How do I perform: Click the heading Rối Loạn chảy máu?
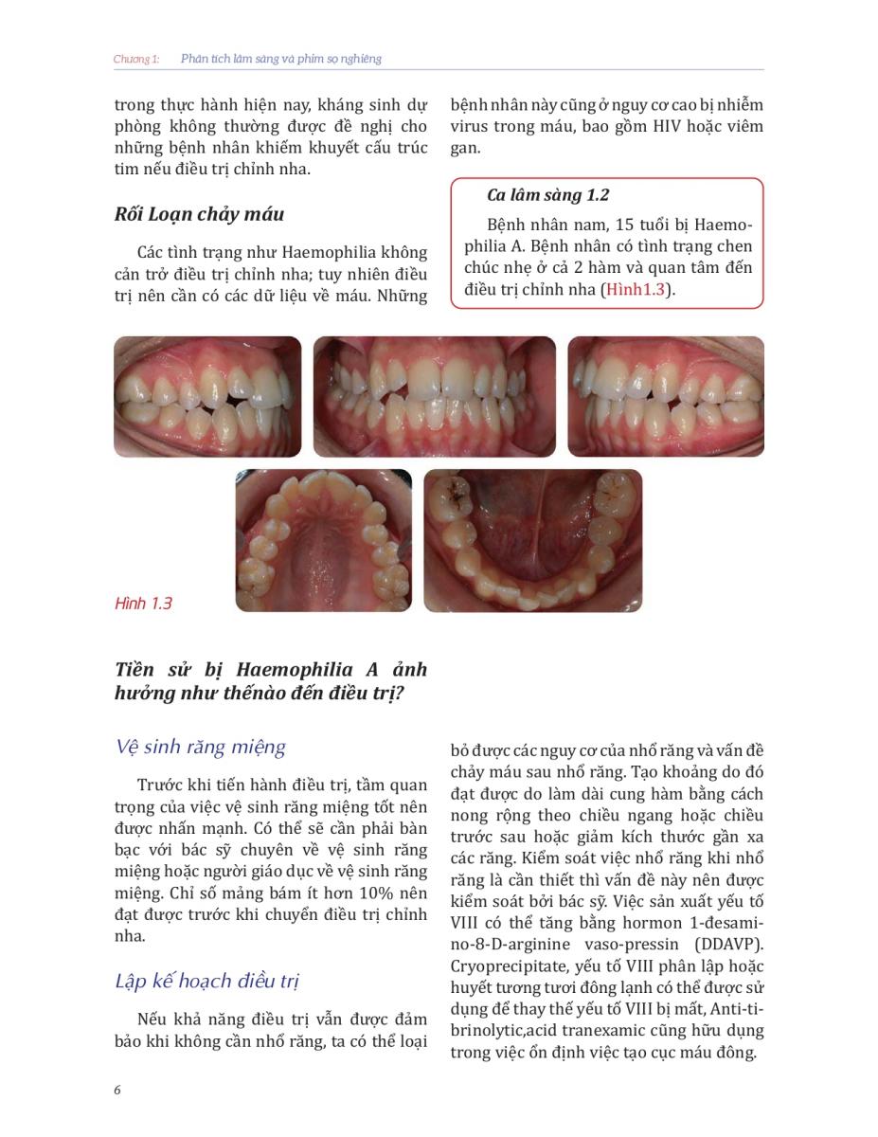(198, 214)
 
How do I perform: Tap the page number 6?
(117, 1090)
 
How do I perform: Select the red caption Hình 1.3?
(143, 604)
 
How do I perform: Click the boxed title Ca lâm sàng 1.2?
(547, 195)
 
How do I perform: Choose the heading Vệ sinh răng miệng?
(200, 747)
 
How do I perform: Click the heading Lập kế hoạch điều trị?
(207, 982)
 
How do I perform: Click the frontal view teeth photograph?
(434, 396)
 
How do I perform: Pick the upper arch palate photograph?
(323, 540)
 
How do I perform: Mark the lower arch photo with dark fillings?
(532, 540)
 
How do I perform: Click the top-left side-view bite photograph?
(207, 396)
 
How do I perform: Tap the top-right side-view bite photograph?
(665, 396)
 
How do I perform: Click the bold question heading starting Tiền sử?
(270, 680)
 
